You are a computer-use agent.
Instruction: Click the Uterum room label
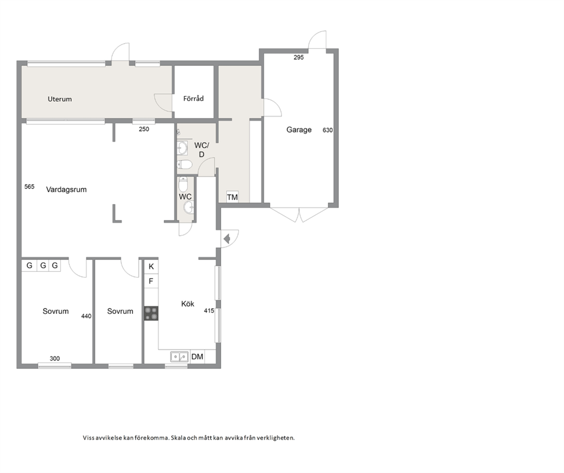click(60, 99)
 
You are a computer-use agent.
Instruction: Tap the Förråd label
click(193, 98)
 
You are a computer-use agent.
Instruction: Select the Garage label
click(299, 130)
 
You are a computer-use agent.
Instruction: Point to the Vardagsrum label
click(66, 189)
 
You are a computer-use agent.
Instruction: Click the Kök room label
click(188, 304)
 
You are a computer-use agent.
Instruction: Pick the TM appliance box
click(233, 197)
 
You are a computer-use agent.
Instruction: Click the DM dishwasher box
click(197, 356)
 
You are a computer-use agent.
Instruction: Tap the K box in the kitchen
click(151, 267)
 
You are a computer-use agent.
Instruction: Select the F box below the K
click(151, 281)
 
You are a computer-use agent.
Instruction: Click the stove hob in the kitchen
click(151, 313)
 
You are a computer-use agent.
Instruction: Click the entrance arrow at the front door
click(227, 238)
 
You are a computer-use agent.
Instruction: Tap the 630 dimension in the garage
click(327, 130)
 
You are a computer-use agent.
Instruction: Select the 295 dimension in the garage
click(298, 57)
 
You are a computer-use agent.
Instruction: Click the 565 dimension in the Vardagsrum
click(30, 186)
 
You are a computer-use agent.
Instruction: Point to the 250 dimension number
click(144, 129)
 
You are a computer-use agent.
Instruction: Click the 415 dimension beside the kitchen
click(209, 311)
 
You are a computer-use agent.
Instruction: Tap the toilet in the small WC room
click(183, 185)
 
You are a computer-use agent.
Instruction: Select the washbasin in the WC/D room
click(183, 148)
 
